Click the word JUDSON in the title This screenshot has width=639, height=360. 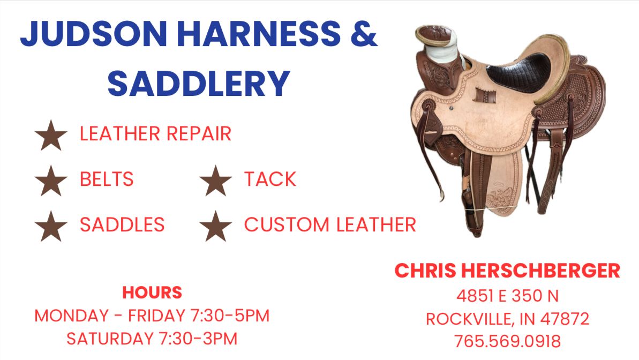click(x=94, y=33)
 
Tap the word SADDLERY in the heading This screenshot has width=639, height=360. click(x=199, y=83)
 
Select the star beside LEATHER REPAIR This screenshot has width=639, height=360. click(x=51, y=136)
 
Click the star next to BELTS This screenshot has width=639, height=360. click(x=51, y=181)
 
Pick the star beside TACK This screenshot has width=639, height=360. click(x=215, y=181)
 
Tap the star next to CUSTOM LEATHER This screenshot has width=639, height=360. click(x=215, y=226)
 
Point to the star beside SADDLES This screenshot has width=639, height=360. click(x=51, y=226)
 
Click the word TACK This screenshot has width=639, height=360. click(x=270, y=179)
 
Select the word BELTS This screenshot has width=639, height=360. click(x=107, y=179)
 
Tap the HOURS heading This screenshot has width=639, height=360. click(x=152, y=292)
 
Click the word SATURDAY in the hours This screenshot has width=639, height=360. click(x=110, y=339)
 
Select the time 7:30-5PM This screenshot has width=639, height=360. click(x=230, y=316)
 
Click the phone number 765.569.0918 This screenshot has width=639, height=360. click(x=507, y=341)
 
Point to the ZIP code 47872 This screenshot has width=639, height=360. click(x=565, y=318)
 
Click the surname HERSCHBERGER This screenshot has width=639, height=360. click(x=541, y=271)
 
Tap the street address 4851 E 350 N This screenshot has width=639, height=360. click(x=507, y=296)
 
